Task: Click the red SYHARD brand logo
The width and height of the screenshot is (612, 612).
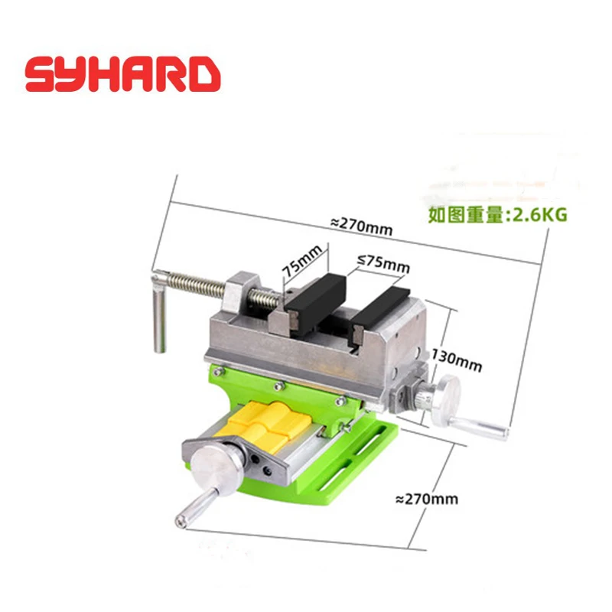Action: pos(123,74)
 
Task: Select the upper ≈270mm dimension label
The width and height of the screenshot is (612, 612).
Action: pos(361,226)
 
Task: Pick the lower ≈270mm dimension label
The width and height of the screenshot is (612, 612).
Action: pos(427,500)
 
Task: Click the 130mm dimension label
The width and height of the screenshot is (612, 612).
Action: pos(456,360)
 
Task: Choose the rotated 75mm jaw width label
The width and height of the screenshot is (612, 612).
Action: pos(301,260)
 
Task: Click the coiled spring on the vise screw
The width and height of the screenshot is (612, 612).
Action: pos(195,282)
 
